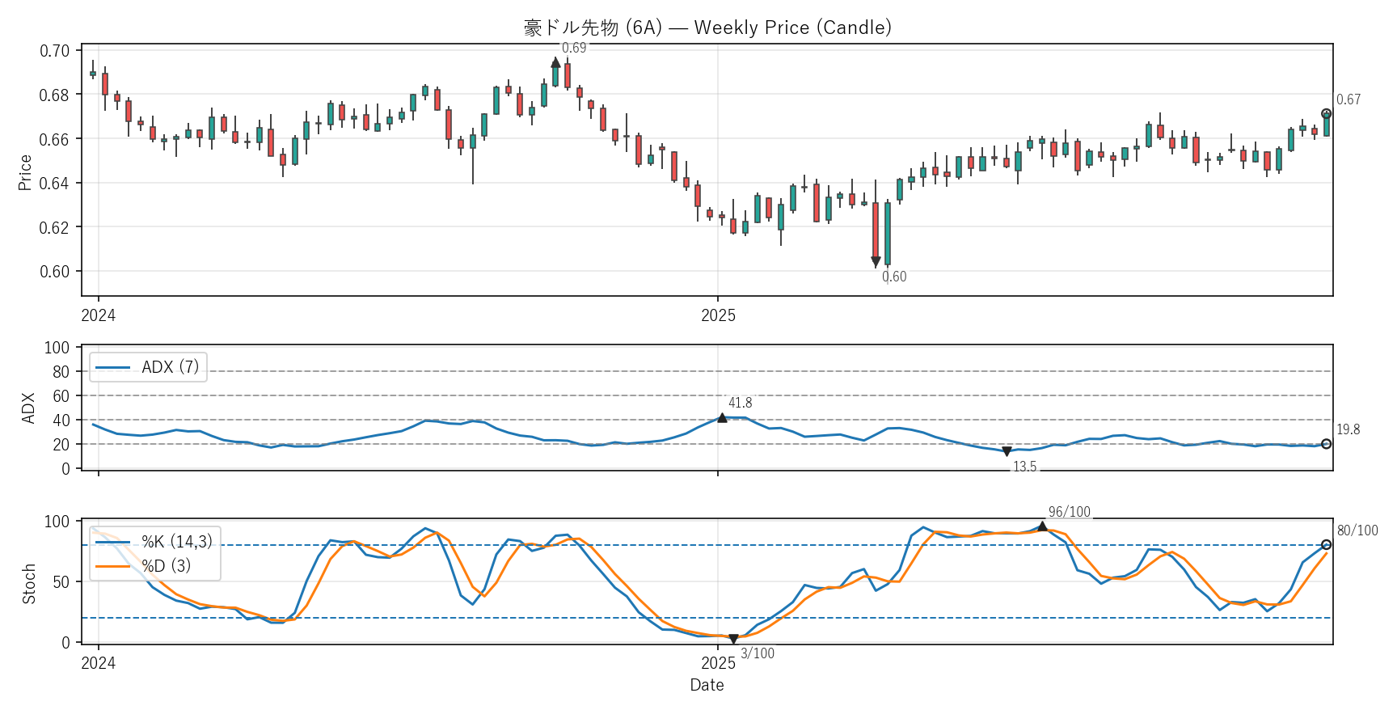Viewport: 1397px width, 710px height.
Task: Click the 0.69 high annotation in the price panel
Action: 574,49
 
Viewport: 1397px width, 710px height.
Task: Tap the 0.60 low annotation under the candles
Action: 894,277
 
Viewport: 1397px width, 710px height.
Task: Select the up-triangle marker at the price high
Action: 555,62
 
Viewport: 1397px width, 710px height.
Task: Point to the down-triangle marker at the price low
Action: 876,262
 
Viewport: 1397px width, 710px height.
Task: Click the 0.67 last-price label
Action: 1348,99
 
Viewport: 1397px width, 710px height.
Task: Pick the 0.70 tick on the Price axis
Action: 55,51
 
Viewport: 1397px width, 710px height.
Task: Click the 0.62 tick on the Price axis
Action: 55,227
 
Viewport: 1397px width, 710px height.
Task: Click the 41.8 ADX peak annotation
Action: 740,403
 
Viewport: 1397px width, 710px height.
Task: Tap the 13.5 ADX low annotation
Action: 1024,467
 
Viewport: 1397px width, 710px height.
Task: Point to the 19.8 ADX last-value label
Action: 1348,429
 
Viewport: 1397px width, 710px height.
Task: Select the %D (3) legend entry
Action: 166,566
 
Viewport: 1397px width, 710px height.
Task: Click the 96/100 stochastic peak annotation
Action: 1069,512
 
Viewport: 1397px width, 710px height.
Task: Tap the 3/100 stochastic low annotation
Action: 758,653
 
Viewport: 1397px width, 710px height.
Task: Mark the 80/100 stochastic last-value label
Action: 1357,530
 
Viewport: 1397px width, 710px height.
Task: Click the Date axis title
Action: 707,685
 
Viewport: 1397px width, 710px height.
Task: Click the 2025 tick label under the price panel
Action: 718,315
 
